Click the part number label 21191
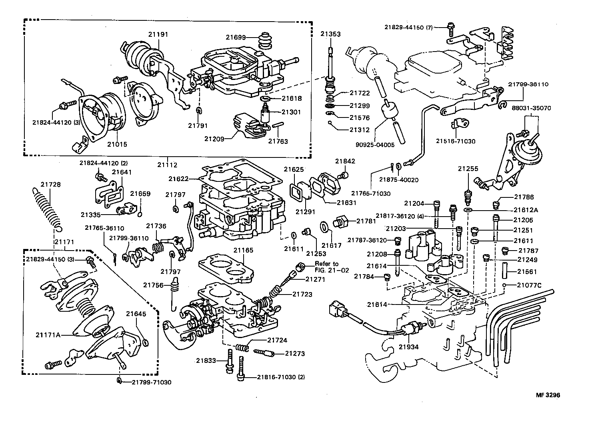158,34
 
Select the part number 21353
330,34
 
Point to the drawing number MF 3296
548,395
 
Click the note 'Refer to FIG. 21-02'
326,267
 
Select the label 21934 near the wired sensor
408,347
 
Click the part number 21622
179,179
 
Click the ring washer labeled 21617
325,227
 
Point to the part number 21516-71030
456,141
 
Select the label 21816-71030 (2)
281,377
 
